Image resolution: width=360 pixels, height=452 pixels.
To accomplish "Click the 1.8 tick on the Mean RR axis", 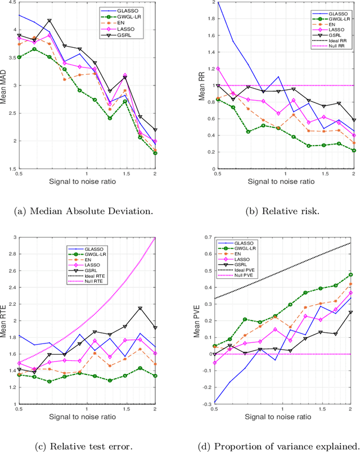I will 210,19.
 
